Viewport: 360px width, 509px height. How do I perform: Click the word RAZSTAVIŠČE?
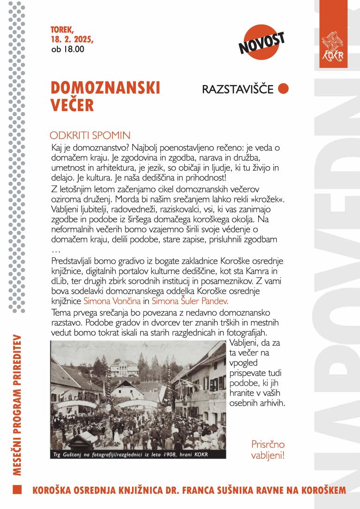click(238, 89)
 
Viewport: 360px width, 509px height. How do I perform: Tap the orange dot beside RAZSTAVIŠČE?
click(283, 88)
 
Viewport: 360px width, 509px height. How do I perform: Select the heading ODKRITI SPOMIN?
click(90, 136)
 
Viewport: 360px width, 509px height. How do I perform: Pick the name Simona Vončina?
click(111, 300)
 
